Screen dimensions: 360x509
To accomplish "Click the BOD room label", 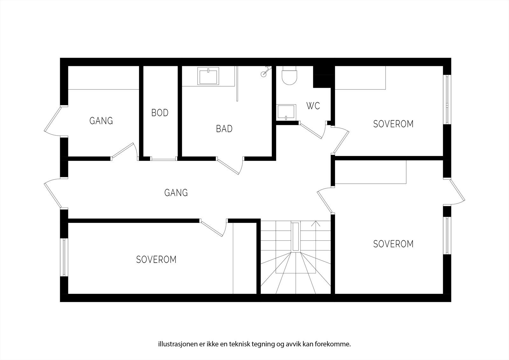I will point(160,113).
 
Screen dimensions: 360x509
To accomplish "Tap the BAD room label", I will point(224,129).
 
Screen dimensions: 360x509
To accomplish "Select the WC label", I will point(313,106).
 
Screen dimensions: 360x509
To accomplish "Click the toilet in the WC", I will point(289,76).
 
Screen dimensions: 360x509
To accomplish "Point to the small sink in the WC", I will point(286,112).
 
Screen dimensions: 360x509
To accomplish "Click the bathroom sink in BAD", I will point(208,76).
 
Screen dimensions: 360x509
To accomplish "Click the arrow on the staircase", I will point(316,224).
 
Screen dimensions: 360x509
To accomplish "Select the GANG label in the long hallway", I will point(176,193).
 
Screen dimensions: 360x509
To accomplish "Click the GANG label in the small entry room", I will point(101,121).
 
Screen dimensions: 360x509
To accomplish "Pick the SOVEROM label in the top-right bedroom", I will point(393,124).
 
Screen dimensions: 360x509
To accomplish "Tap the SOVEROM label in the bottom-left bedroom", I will point(156,259).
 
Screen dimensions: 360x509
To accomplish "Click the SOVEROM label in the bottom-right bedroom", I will point(393,244).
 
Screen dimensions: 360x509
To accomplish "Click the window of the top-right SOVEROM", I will point(447,100).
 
